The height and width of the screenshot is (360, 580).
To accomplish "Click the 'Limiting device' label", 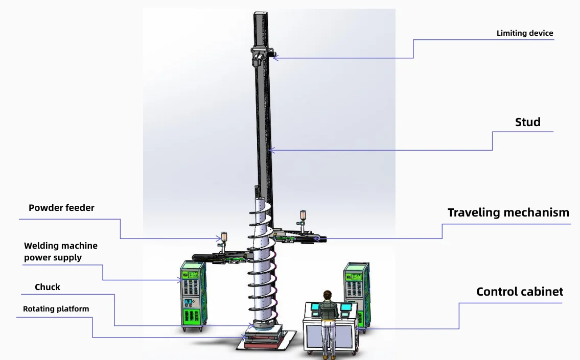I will (524, 33).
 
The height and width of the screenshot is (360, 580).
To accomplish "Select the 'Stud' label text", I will (527, 122).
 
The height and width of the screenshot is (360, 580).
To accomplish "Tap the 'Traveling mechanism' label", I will (508, 212).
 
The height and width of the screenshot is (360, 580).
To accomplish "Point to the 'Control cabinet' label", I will (520, 292).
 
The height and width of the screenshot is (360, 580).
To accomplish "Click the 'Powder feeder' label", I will (61, 208).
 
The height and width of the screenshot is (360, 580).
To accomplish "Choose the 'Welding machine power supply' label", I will (60, 252).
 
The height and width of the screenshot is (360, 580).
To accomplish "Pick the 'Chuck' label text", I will (48, 287).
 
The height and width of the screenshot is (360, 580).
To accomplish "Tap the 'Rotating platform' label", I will (56, 309).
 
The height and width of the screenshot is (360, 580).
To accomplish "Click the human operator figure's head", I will (327, 295).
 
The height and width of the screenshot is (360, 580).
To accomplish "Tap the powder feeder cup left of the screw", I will (223, 237).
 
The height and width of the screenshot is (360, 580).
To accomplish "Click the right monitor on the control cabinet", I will (347, 307).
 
